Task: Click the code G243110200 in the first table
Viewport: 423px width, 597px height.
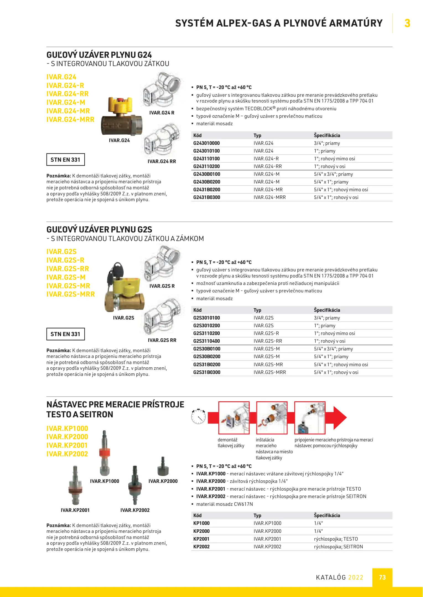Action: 206,166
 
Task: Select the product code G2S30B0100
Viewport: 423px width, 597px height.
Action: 207,349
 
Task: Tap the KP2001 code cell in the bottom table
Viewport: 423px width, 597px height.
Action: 201,539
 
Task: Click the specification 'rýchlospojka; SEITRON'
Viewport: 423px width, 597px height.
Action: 338,547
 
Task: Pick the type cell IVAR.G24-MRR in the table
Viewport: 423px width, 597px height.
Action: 269,197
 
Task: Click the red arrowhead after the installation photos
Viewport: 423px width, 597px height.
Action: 340,418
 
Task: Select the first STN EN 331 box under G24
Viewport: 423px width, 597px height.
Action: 66,160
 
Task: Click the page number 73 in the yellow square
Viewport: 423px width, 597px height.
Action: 382,577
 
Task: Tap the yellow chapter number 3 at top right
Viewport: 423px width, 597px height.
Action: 407,23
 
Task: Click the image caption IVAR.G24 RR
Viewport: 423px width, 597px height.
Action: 162,161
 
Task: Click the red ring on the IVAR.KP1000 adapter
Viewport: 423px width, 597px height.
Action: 105,453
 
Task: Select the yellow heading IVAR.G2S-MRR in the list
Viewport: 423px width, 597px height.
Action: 71,294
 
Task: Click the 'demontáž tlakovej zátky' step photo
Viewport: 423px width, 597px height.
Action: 234,418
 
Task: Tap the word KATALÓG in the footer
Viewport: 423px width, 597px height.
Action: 331,577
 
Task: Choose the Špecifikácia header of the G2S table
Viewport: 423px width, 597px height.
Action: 327,310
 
